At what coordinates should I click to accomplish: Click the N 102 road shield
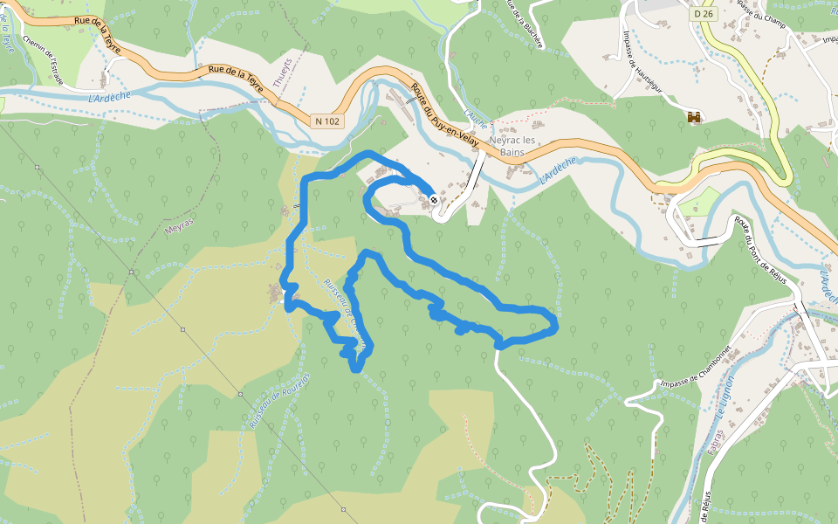325,121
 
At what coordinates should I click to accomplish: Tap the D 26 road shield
703,14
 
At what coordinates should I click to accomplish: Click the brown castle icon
696,117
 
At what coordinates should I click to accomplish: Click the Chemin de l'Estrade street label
45,59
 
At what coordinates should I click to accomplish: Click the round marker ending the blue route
434,200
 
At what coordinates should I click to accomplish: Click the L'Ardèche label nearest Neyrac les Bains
559,169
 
